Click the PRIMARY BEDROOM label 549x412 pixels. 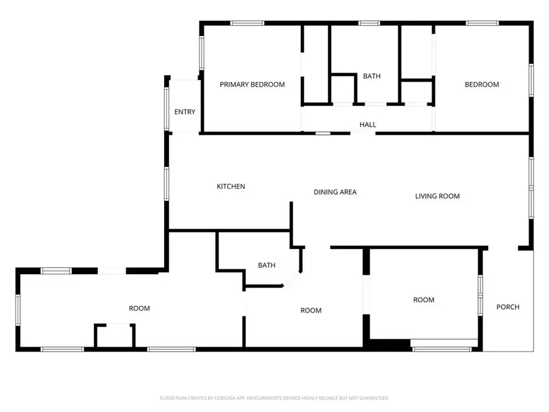pyautogui.click(x=252, y=85)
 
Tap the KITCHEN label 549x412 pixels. pyautogui.click(x=231, y=186)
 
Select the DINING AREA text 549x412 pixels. pyautogui.click(x=335, y=192)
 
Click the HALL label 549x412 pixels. pyautogui.click(x=368, y=125)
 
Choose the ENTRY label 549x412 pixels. pyautogui.click(x=185, y=112)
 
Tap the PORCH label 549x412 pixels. pyautogui.click(x=508, y=307)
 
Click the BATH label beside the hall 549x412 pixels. pyautogui.click(x=371, y=76)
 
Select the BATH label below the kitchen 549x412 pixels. pyautogui.click(x=267, y=266)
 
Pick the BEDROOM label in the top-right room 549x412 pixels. pyautogui.click(x=482, y=85)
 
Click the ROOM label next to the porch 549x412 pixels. pyautogui.click(x=424, y=300)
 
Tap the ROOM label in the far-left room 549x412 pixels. pyautogui.click(x=139, y=308)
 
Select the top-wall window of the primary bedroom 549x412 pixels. pyautogui.click(x=247, y=23)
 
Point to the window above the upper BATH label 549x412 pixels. pyautogui.click(x=368, y=23)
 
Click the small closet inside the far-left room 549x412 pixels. pyautogui.click(x=114, y=336)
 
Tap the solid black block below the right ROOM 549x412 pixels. pyautogui.click(x=390, y=345)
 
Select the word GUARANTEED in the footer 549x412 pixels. pyautogui.click(x=372, y=398)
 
